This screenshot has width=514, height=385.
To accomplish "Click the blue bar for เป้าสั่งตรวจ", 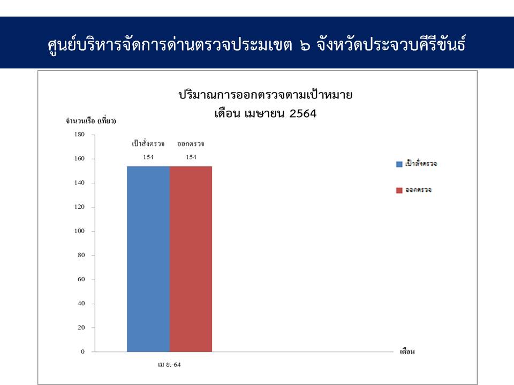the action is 148,259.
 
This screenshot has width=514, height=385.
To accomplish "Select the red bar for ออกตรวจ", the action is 191,259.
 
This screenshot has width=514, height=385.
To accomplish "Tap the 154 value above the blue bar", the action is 148,157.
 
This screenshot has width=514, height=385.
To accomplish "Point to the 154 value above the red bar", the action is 191,157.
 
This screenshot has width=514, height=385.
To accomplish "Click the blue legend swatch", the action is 399,164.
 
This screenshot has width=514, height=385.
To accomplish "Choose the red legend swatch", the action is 399,190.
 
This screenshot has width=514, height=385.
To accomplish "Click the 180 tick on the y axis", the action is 79,134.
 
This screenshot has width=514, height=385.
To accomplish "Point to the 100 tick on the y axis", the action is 79,231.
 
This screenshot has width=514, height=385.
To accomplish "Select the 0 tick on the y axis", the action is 82,352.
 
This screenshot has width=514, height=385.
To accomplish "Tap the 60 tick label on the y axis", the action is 81,279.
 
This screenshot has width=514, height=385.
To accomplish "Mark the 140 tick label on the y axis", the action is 79,183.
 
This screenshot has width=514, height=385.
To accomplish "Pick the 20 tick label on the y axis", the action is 81,327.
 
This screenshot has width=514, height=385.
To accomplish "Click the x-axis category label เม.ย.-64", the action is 169,365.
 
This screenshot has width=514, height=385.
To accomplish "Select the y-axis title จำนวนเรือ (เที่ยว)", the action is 91,120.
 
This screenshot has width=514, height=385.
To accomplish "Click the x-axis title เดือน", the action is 407,352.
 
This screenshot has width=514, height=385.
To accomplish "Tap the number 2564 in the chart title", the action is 303,113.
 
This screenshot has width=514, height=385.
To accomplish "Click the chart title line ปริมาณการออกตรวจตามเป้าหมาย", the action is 266,95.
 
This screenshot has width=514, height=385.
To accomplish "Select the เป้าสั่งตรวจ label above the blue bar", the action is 148,143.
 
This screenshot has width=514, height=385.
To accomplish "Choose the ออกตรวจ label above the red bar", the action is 191,144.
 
